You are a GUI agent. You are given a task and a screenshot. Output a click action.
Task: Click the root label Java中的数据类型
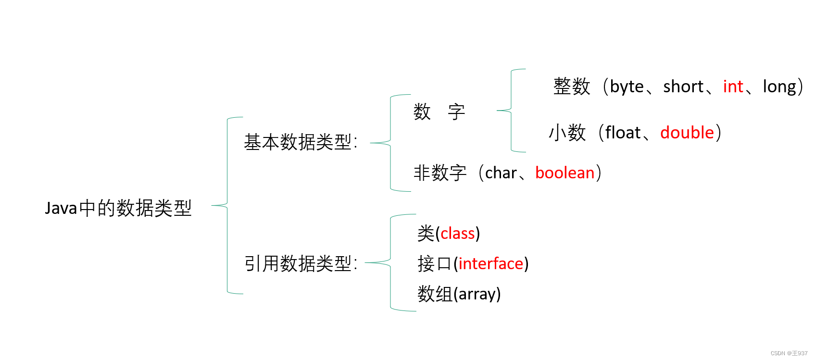[118, 208]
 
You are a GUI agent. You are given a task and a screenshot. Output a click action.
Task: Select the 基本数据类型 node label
[300, 142]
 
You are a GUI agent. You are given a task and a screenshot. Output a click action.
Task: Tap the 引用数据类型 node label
[300, 263]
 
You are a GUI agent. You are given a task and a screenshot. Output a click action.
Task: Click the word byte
[627, 87]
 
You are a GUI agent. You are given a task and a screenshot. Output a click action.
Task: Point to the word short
[683, 87]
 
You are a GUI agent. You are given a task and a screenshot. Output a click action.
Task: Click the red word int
[733, 87]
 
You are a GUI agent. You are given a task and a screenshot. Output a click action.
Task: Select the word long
[779, 87]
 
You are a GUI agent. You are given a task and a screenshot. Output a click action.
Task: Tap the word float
[623, 133]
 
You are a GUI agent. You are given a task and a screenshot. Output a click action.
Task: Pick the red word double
[687, 133]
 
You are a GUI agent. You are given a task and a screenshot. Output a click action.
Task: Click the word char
[501, 173]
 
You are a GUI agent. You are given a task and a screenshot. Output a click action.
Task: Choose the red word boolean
[564, 173]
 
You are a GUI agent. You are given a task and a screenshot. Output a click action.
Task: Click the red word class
[457, 234]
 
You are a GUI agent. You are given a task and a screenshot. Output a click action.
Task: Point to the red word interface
[490, 264]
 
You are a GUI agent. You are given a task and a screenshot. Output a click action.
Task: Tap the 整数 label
[571, 87]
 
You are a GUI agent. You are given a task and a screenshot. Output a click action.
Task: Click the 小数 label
[567, 133]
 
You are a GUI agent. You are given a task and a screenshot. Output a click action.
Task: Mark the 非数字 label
[440, 173]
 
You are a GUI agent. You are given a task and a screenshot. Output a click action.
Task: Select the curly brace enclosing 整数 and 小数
[511, 111]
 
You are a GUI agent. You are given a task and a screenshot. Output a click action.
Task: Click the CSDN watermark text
[789, 353]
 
